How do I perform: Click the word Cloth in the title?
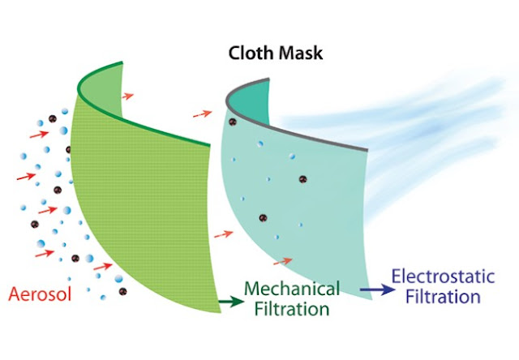[251, 53]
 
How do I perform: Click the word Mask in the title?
[300, 53]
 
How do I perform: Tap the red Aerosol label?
[40, 294]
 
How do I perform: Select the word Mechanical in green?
[292, 289]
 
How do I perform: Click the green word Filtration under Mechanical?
[292, 309]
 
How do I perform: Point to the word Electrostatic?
[444, 276]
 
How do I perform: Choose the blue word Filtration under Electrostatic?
[444, 297]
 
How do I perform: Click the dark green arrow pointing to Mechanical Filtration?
[231, 302]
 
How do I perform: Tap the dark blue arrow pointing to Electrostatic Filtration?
[377, 289]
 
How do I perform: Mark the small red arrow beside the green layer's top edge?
[127, 96]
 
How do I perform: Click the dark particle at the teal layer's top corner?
[233, 122]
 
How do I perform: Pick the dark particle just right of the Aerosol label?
[122, 292]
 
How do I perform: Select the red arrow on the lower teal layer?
[283, 261]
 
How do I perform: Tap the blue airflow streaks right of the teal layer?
[414, 132]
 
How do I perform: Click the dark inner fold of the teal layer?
[251, 99]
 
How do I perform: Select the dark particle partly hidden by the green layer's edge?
[68, 149]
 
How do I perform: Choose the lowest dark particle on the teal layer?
[263, 218]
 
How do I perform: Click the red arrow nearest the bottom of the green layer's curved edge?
[103, 267]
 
